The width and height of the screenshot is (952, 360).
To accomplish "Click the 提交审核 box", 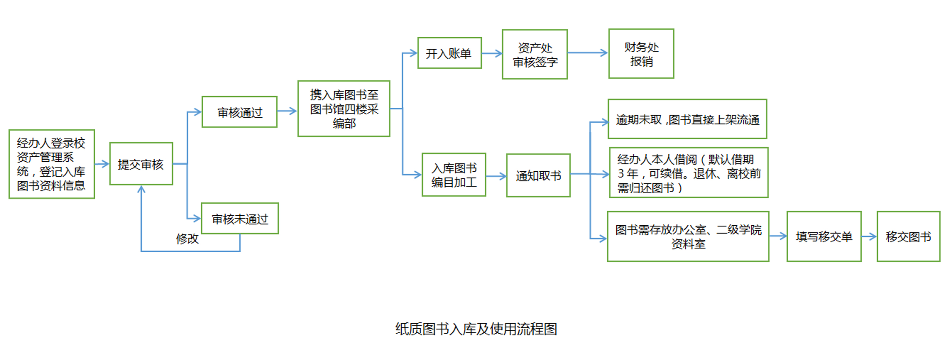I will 141,164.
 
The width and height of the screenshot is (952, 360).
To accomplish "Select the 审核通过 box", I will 239,112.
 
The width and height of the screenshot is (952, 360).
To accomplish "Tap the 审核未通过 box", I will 239,218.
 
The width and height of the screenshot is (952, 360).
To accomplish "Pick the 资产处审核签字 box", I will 535,54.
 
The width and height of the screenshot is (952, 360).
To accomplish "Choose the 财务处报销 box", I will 641,54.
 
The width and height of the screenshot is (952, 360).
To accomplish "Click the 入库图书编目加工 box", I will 454,175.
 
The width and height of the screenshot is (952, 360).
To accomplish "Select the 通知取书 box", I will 538,175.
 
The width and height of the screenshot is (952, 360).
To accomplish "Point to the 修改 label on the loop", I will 187,239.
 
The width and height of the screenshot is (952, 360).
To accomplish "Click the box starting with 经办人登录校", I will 52,164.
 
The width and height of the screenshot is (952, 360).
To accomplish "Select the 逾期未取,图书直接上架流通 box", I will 687,119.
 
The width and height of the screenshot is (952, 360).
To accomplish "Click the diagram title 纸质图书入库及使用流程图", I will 476,329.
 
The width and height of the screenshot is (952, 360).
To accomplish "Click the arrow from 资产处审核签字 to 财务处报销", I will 588,53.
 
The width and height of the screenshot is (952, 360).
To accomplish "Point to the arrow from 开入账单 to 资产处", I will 492,54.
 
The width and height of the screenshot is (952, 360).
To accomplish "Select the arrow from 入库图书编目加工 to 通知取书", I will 496,176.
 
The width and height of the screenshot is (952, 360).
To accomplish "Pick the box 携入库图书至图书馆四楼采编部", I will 344,109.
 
